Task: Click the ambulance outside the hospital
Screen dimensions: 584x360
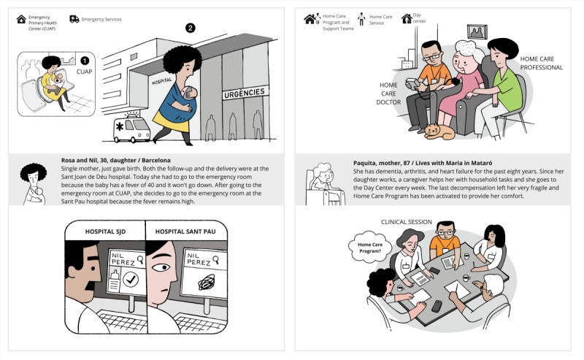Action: (x=132, y=129)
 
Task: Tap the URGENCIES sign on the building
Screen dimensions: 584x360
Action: (x=245, y=93)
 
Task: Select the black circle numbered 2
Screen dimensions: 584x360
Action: (x=191, y=28)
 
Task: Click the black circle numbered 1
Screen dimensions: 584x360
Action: (x=85, y=61)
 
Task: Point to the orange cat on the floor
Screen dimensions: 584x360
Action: (x=439, y=131)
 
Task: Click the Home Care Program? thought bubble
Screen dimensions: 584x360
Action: (x=370, y=248)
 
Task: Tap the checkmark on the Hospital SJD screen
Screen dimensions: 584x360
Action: (x=131, y=279)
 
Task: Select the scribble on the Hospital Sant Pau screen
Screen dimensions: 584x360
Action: (x=207, y=282)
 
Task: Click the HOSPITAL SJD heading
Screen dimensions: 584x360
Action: (x=105, y=231)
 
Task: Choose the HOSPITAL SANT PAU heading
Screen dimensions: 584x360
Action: (x=185, y=231)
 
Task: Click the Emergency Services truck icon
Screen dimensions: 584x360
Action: (x=74, y=19)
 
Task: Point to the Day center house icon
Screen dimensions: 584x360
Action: (x=407, y=18)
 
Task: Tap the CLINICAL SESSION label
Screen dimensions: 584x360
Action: (x=407, y=222)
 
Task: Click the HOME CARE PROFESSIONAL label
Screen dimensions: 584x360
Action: (x=541, y=63)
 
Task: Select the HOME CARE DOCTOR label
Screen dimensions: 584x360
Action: (x=388, y=93)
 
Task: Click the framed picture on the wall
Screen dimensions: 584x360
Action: (x=477, y=32)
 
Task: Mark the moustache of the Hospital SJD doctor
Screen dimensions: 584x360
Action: (x=92, y=284)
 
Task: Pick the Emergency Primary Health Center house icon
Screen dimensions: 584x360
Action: (x=21, y=19)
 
